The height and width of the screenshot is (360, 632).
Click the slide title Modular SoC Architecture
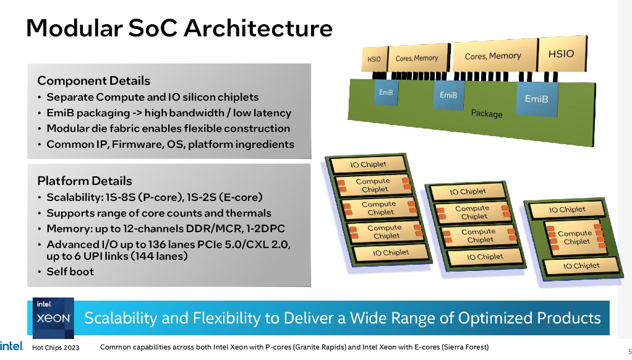point(179,28)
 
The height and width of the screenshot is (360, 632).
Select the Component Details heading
point(93,80)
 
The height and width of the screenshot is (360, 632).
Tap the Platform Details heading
point(85,181)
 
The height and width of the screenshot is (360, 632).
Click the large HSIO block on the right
point(562,54)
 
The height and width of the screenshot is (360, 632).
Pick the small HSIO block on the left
point(374,59)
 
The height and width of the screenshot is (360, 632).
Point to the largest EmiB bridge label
point(537,99)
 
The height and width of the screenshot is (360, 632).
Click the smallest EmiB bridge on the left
point(386,92)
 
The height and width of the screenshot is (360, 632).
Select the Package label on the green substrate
point(487,114)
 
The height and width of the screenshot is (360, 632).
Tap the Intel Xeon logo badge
point(53,317)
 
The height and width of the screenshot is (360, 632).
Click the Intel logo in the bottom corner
point(11,346)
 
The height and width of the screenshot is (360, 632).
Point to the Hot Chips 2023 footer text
point(56,348)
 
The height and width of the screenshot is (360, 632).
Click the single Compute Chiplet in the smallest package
point(576,238)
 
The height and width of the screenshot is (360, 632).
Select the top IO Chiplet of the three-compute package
point(368,165)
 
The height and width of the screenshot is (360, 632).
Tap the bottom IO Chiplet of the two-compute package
point(485,257)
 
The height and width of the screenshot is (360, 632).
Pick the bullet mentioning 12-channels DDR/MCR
point(165,229)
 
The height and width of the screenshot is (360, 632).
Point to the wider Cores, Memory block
point(493,56)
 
